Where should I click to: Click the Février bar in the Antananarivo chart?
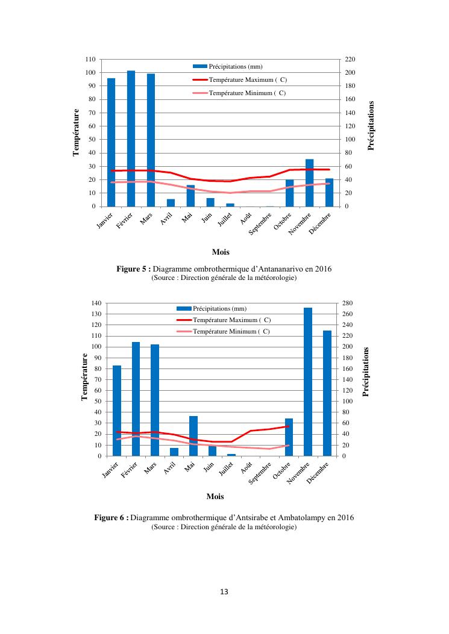click(x=131, y=138)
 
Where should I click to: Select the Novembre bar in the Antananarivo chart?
click(x=309, y=182)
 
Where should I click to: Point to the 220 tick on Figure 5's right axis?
click(x=350, y=60)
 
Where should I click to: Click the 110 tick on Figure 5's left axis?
click(x=90, y=60)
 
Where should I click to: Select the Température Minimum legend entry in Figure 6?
click(x=231, y=332)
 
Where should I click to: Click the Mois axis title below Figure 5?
click(x=221, y=252)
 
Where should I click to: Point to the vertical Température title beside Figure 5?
click(x=77, y=132)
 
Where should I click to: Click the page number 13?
click(x=224, y=591)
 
